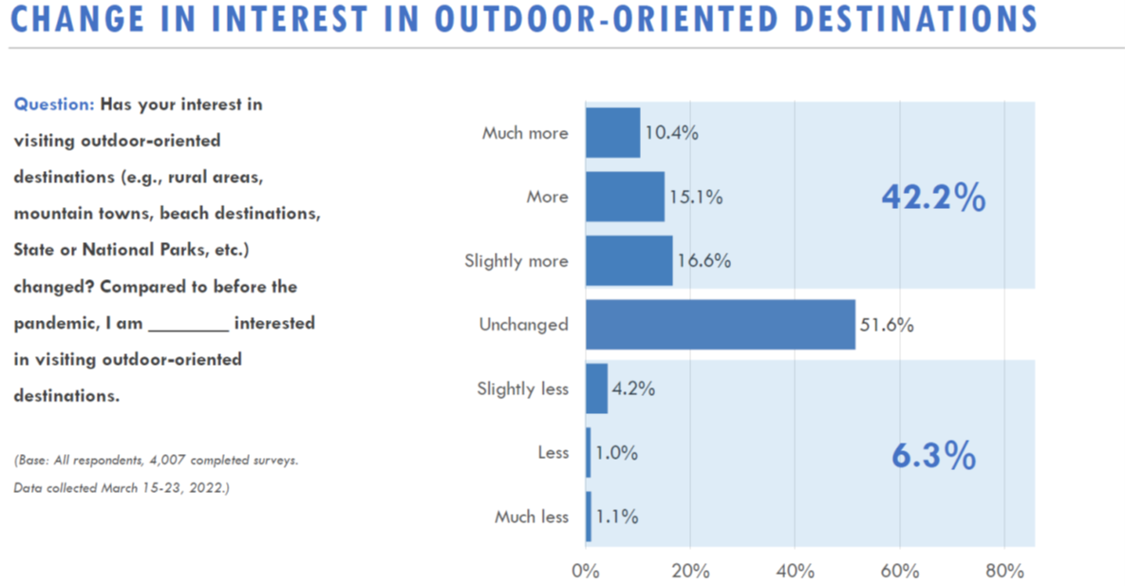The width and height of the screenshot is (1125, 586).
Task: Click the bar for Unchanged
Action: (720, 325)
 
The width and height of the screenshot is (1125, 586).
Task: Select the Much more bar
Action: (612, 133)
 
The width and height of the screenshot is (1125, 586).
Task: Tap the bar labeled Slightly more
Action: (628, 261)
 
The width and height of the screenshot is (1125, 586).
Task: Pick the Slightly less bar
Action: (596, 388)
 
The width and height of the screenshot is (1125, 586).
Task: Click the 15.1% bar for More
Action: (625, 197)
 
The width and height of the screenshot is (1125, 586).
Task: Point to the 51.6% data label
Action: (886, 326)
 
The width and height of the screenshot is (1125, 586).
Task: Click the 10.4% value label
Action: (671, 133)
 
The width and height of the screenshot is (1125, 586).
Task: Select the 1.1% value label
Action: (616, 518)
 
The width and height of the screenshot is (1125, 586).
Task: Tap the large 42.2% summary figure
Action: (933, 198)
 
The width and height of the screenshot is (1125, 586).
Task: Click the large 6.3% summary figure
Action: (933, 457)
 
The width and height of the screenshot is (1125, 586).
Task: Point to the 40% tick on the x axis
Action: (795, 571)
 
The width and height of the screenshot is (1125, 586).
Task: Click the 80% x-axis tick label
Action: (1004, 571)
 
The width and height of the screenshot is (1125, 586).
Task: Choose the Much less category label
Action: (531, 518)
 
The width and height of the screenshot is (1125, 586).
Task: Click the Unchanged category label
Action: (523, 325)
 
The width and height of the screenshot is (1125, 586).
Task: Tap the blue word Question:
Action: (54, 104)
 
